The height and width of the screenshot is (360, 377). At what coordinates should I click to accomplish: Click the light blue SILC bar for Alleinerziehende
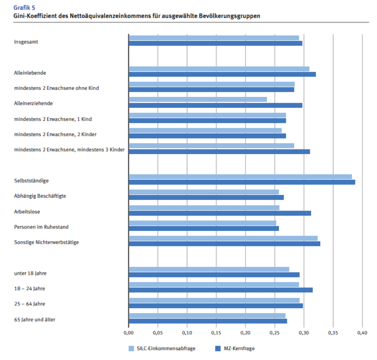coord(198,99)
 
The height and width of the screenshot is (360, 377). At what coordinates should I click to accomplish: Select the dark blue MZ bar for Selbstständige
coord(242,182)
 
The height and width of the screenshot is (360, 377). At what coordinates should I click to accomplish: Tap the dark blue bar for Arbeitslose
coord(220,213)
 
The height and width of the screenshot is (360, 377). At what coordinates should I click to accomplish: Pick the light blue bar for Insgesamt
coord(214,38)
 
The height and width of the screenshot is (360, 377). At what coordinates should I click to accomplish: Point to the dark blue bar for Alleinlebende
coord(222,74)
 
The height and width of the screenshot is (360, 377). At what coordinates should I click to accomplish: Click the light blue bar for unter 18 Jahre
coord(209,269)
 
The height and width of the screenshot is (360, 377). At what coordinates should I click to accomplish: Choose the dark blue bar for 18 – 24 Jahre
coord(221,290)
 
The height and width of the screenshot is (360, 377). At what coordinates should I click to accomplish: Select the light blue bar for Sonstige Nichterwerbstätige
coord(223,238)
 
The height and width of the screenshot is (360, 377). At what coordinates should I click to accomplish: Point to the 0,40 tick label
coord(362,333)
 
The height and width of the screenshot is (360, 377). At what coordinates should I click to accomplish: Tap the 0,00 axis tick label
coord(129,333)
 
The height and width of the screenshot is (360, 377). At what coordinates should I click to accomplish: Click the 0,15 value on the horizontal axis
coord(216,333)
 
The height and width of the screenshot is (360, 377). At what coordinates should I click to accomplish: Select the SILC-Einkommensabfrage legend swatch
coord(131,349)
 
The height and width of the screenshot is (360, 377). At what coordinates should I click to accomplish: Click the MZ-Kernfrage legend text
coord(240,349)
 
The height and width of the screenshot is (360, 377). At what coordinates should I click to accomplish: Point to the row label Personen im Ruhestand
coord(41,227)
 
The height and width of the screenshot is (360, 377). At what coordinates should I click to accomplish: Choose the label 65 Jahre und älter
coord(34,319)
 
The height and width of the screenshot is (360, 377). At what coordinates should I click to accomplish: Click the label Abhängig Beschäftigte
coord(40,196)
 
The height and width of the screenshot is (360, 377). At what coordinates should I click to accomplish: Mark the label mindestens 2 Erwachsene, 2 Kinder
coord(55,134)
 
